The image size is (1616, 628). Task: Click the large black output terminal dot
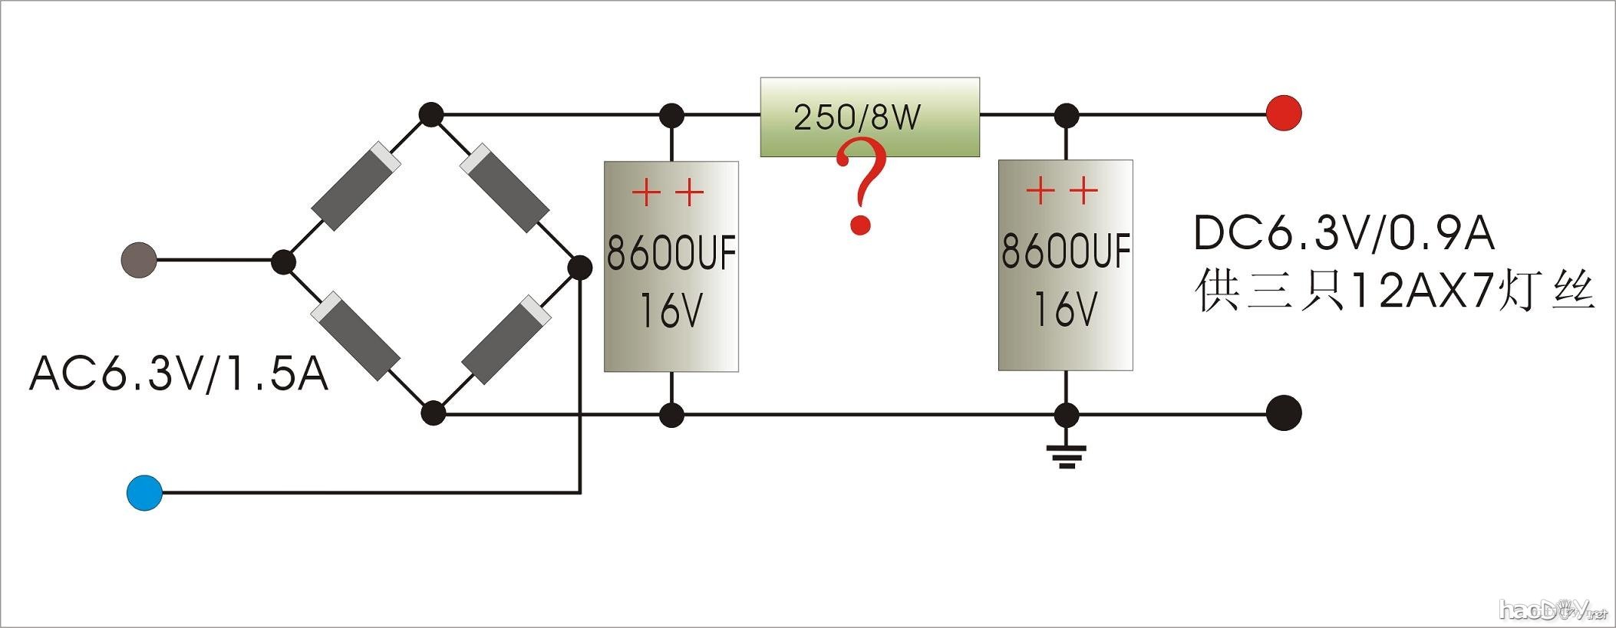pyautogui.click(x=1284, y=413)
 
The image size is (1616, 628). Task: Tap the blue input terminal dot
pyautogui.click(x=144, y=492)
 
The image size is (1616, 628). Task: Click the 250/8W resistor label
pyautogui.click(x=856, y=117)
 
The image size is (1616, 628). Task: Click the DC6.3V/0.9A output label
pyautogui.click(x=1344, y=234)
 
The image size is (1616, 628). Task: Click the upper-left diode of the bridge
pyautogui.click(x=357, y=186)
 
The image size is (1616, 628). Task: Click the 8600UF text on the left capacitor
pyautogui.click(x=671, y=253)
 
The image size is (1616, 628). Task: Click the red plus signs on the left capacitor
pyautogui.click(x=668, y=192)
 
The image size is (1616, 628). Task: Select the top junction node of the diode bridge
pyautogui.click(x=432, y=115)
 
